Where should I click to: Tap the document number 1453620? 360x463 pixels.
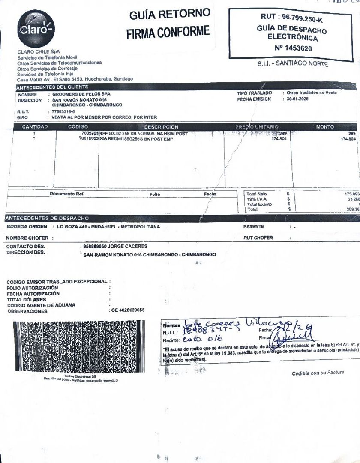tap(293, 48)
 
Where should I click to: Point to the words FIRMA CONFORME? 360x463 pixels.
tap(168, 32)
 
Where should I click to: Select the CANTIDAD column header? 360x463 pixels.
tap(35, 127)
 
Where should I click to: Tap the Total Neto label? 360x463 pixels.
tap(257, 194)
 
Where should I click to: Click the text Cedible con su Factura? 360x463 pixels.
tap(318, 373)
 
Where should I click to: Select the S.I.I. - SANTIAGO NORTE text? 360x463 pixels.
tap(293, 64)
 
